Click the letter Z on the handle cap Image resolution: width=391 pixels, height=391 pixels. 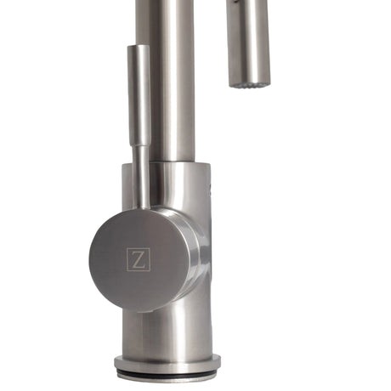pyautogui.click(x=138, y=258)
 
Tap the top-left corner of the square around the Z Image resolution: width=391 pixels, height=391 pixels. pyautogui.click(x=127, y=248)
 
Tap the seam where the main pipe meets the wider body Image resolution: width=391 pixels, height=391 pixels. pyautogui.click(x=170, y=161)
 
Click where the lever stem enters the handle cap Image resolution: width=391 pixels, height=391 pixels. pyautogui.click(x=141, y=207)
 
